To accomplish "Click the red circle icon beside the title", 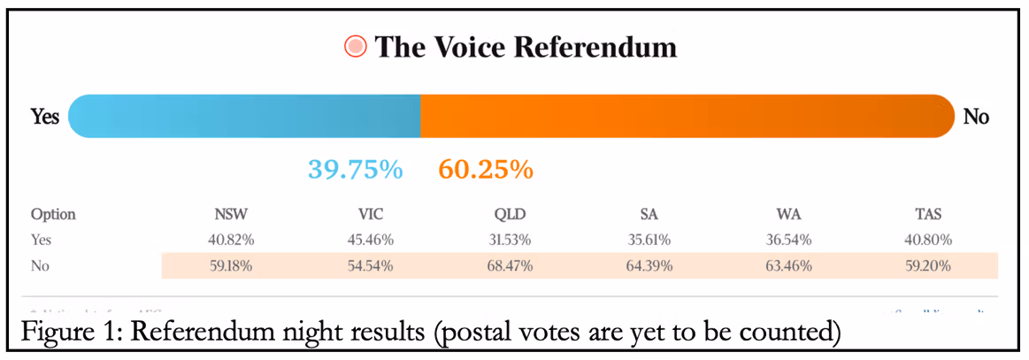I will tap(356, 47).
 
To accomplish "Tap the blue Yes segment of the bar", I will tap(244, 116).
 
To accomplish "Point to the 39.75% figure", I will tap(355, 169).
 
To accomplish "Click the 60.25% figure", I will tap(486, 169).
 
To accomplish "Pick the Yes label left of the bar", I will tap(45, 117).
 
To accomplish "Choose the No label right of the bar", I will tap(976, 117).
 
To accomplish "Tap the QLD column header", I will tap(512, 215).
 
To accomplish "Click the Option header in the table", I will tap(53, 215).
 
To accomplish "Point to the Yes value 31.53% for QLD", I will tap(512, 240).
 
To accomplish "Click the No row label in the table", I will tap(41, 265).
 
